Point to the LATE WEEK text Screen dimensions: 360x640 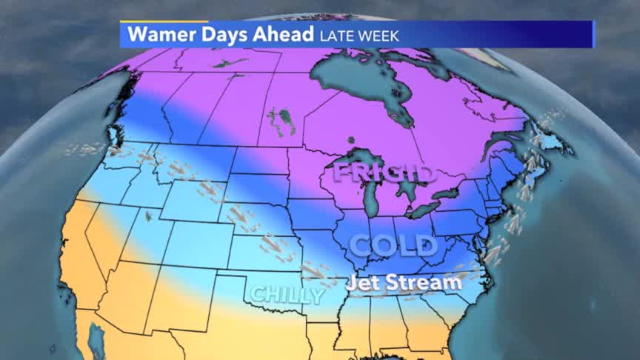pos(359,35)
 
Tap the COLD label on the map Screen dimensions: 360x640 pos(393,245)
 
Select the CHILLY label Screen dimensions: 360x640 pos(287,295)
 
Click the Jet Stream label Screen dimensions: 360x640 pos(404,282)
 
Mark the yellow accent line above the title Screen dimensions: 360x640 pos(164,21)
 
